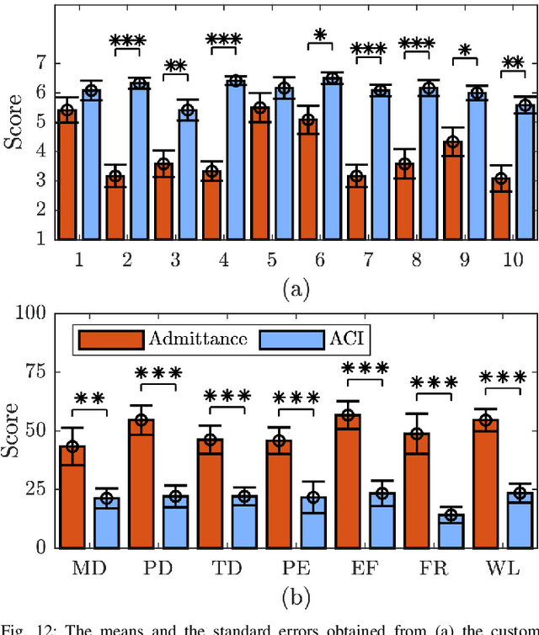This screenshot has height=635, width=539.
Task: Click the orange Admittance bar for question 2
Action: tap(115, 206)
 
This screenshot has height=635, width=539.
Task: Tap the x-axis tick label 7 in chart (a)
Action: tap(368, 260)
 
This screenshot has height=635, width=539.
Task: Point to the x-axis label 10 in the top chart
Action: tap(512, 260)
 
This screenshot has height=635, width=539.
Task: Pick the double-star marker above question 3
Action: tap(175, 67)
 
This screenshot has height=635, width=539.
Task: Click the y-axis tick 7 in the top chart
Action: tap(40, 62)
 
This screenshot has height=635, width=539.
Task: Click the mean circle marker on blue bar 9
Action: tap(477, 94)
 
